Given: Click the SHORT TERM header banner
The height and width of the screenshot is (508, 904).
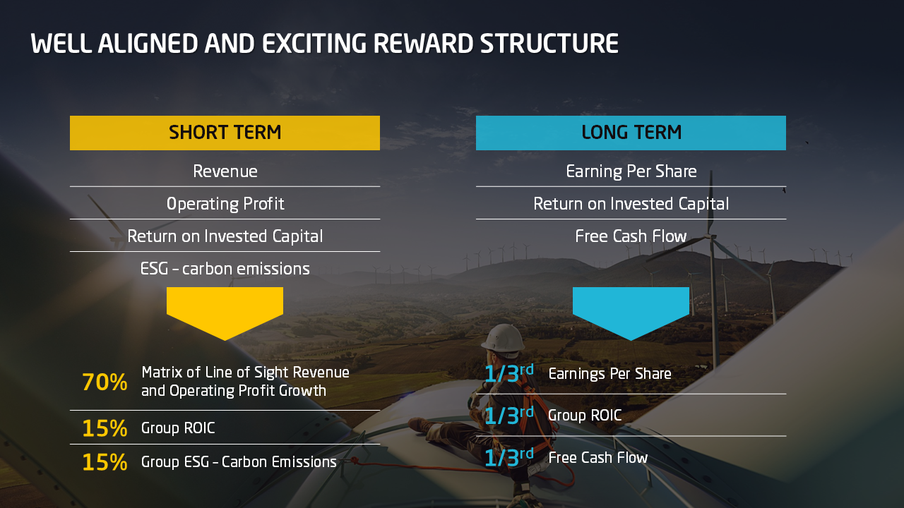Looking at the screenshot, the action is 225,133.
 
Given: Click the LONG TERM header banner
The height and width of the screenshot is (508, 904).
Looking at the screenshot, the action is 631,133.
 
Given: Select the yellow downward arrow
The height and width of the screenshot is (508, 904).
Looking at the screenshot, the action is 225,313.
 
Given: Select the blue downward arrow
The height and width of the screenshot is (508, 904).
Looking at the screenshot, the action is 631,313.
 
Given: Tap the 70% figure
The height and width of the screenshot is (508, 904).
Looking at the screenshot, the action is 105,382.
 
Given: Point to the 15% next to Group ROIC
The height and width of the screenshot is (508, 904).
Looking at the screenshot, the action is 105,428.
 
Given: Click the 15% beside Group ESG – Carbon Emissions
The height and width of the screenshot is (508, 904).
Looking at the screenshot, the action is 105,462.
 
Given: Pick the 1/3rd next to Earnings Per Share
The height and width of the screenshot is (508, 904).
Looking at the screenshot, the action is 509,373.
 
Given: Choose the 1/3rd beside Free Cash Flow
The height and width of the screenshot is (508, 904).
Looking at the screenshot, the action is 509,457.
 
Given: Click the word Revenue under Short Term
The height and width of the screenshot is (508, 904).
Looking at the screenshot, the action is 225,171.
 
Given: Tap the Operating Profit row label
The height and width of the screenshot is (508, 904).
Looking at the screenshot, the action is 225,204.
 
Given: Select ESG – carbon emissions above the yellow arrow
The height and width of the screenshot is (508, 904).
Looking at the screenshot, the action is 225,269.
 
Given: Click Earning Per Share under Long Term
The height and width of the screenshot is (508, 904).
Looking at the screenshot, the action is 631,171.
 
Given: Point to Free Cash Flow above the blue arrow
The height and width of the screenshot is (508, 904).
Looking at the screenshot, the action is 631,236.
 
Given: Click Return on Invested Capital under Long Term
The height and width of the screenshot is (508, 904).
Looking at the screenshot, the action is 631,204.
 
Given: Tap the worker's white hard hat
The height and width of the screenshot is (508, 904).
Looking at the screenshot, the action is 503,338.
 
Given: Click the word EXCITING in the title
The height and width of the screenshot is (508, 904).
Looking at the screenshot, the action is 314,44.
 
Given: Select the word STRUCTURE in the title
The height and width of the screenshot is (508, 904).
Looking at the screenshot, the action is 549,44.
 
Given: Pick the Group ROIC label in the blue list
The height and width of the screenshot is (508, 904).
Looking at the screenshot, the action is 585,416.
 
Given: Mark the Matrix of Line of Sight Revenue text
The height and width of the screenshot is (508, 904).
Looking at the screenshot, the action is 245,372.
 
